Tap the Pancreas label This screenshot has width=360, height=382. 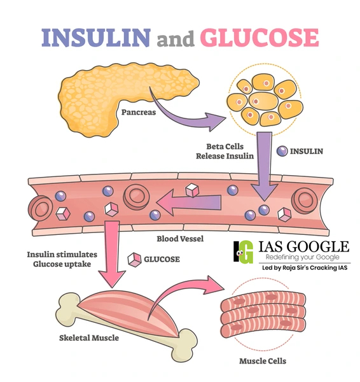pos(137,113)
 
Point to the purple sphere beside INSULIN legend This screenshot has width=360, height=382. pos(281,151)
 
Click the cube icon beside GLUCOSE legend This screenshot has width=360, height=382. pos(135,259)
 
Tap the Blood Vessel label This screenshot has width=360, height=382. pos(180,239)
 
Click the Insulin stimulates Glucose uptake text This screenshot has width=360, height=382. pos(59,259)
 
